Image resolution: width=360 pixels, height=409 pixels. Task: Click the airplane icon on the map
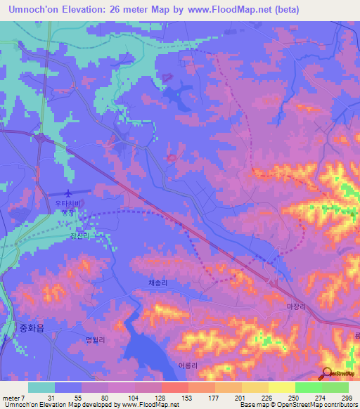(68, 193)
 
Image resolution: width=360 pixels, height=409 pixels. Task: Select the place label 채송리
(158, 283)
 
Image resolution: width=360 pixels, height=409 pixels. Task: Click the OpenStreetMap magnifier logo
(327, 374)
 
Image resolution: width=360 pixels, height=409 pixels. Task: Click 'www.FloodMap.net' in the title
(228, 10)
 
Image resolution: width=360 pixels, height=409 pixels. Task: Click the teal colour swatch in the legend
(41, 387)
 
